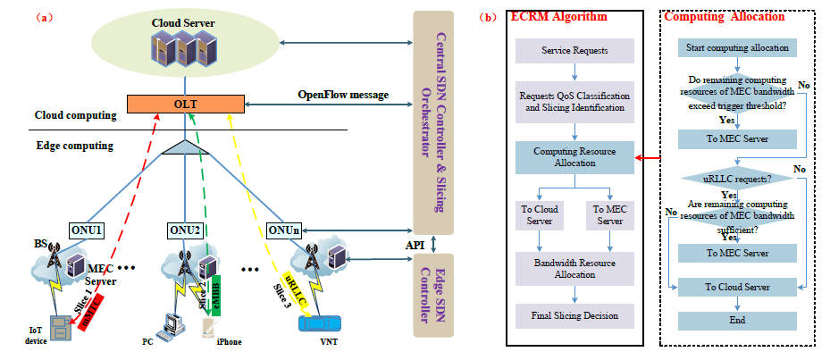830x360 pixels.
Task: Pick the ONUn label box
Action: point(282,230)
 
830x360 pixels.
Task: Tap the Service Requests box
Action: point(575,50)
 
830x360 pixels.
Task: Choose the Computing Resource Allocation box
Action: point(575,157)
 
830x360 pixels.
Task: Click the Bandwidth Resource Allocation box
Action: point(575,267)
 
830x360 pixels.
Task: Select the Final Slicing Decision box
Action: point(575,314)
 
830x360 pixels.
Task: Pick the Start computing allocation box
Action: point(736,46)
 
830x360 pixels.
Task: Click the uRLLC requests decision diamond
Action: point(736,179)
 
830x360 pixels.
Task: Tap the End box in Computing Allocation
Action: point(736,320)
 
